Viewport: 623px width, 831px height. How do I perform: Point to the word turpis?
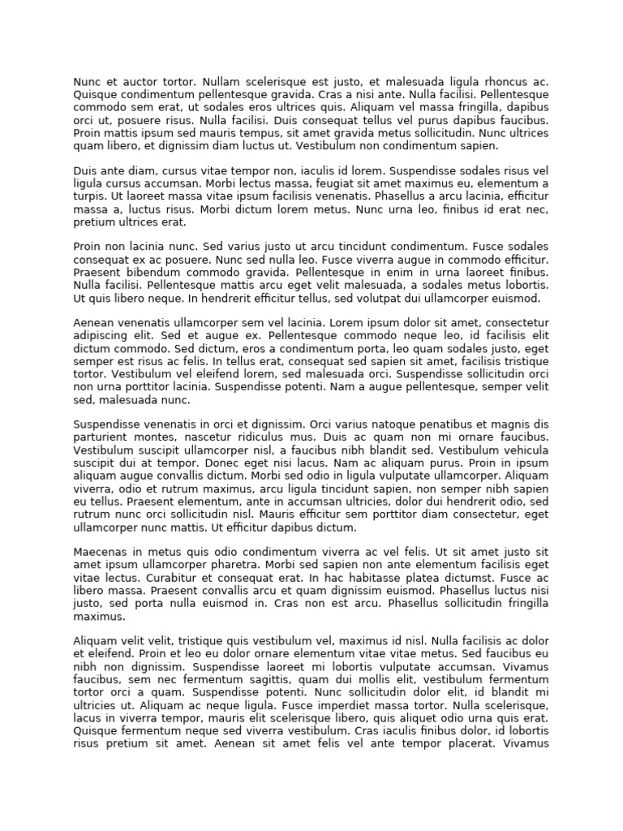[88, 196]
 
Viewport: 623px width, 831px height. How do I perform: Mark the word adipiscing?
[103, 335]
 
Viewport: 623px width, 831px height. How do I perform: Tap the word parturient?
[101, 437]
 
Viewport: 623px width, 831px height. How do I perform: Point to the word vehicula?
[518, 450]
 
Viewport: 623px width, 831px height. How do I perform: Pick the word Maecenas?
[101, 551]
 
